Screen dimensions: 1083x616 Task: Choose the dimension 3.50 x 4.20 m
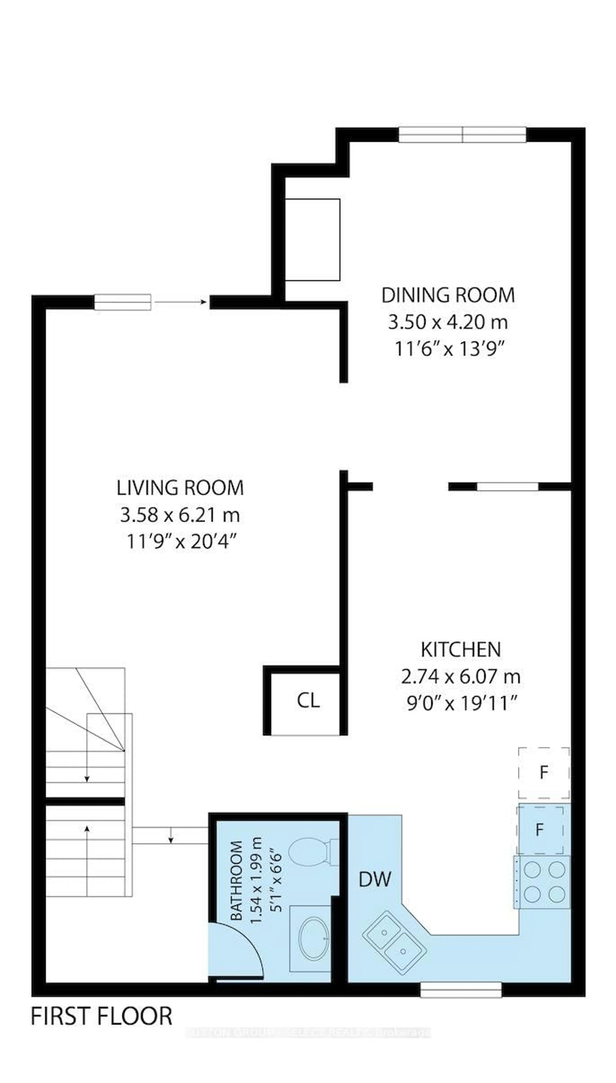pos(448,322)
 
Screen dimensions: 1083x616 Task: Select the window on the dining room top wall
pos(462,135)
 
